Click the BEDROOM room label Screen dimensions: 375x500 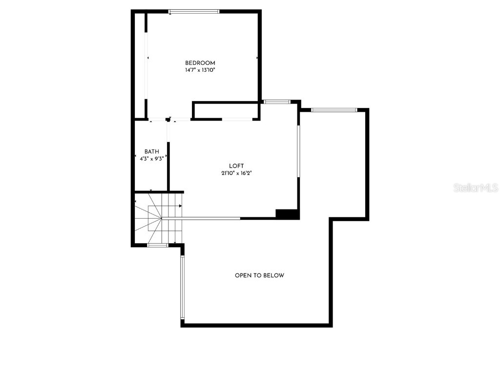tap(200, 63)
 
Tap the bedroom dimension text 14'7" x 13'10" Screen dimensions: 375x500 tap(200, 70)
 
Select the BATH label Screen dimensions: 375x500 tap(151, 152)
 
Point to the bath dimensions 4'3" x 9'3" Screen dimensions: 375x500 tap(151, 158)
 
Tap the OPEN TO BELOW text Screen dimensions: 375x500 tap(259, 275)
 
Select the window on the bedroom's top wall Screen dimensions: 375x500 tap(194, 11)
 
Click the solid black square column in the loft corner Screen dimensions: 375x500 tap(287, 214)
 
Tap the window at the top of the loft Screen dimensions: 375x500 tap(277, 102)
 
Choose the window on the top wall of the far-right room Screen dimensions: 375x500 tap(334, 110)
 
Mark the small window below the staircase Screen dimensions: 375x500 tap(158, 245)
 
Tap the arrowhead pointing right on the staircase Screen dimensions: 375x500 tap(180, 207)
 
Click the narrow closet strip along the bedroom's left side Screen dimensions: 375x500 tap(140, 63)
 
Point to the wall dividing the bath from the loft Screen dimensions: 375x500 tap(168, 166)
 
